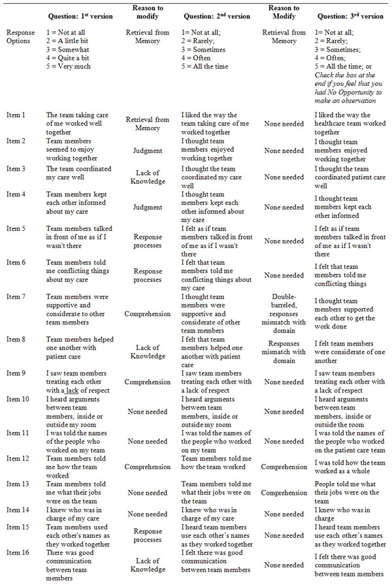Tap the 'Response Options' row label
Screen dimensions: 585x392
point(20,36)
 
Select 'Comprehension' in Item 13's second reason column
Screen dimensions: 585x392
point(284,493)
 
